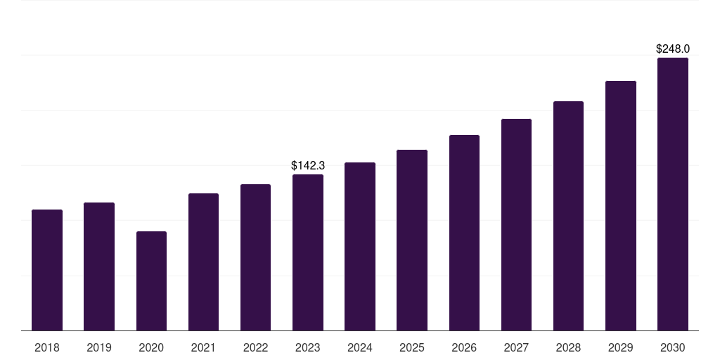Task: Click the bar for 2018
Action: [x=47, y=270]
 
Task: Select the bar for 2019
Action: [x=99, y=266]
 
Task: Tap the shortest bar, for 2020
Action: [x=152, y=281]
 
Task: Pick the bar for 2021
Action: [x=203, y=262]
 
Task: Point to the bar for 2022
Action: [x=255, y=257]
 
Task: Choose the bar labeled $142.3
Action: [x=308, y=252]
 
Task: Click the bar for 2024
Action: [x=360, y=247]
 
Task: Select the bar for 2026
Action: [x=464, y=233]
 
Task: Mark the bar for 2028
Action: [x=568, y=216]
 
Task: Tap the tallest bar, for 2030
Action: [x=673, y=194]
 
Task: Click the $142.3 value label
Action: [x=308, y=165]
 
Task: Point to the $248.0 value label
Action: [x=673, y=49]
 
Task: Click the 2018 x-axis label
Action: [x=47, y=347]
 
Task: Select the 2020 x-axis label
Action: [x=151, y=347]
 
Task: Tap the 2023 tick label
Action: [x=308, y=347]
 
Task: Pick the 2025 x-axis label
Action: [x=412, y=347]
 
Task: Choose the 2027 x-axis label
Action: [x=516, y=347]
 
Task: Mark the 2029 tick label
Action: [x=620, y=347]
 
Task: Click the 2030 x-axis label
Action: [x=673, y=347]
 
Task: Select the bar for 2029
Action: [x=621, y=206]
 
